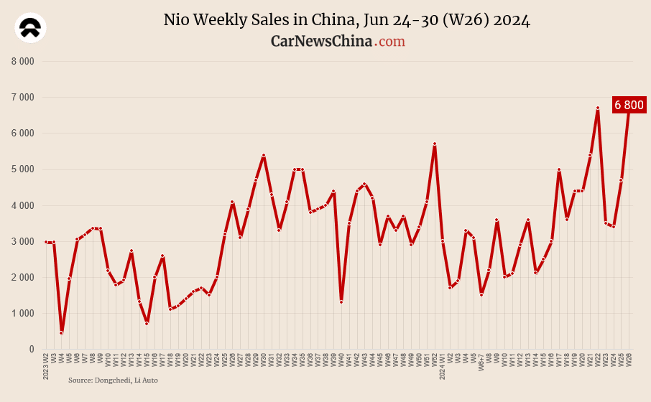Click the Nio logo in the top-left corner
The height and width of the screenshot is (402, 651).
[30, 29]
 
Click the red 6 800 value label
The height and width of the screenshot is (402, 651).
[629, 105]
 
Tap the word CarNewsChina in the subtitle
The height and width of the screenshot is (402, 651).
[321, 42]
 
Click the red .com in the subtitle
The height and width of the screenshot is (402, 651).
[390, 42]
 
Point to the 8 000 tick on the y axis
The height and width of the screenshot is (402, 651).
[22, 61]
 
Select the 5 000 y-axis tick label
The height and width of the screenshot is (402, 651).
[22, 169]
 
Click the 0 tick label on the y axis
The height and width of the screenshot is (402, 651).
[31, 350]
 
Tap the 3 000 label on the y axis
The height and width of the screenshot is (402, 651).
[22, 241]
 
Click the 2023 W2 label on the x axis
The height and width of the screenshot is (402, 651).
[46, 365]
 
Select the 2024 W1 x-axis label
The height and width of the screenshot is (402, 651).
[443, 365]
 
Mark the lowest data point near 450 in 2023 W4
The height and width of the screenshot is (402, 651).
[61, 333]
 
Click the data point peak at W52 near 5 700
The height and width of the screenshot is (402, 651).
[435, 144]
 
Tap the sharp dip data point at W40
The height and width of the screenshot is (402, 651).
[341, 302]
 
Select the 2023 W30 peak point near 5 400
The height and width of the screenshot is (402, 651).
[264, 155]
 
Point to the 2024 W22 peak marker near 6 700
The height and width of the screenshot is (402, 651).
[598, 108]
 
